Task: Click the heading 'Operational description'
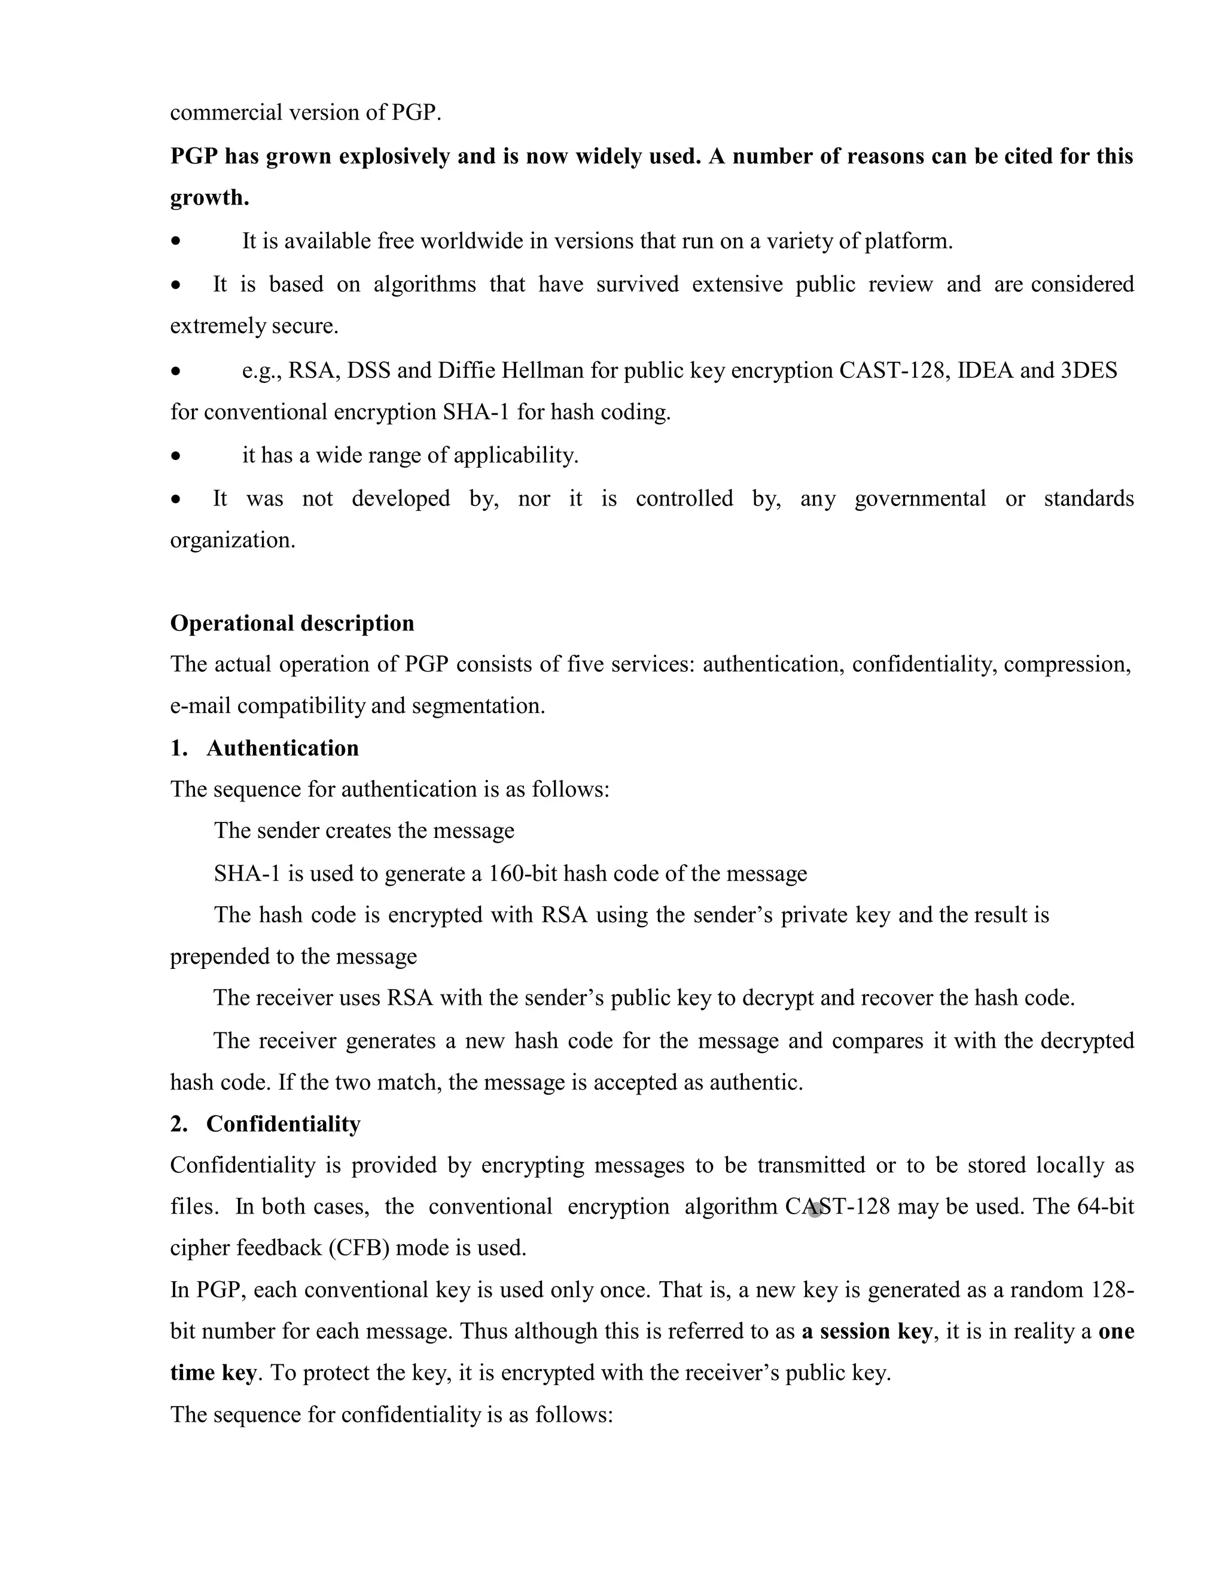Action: click(x=292, y=623)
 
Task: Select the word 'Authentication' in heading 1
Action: click(x=282, y=748)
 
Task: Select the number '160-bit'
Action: click(x=523, y=873)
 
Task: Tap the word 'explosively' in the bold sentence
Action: click(x=394, y=157)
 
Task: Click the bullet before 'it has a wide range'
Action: click(x=176, y=456)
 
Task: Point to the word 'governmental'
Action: click(x=919, y=499)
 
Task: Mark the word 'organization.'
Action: click(x=232, y=541)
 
